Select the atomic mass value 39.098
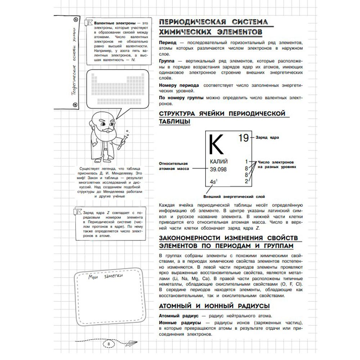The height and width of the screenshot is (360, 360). [218, 169]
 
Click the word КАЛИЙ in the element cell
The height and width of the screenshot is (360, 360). [219, 162]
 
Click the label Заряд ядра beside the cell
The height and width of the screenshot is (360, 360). [267, 137]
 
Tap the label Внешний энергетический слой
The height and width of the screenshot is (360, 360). [234, 197]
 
